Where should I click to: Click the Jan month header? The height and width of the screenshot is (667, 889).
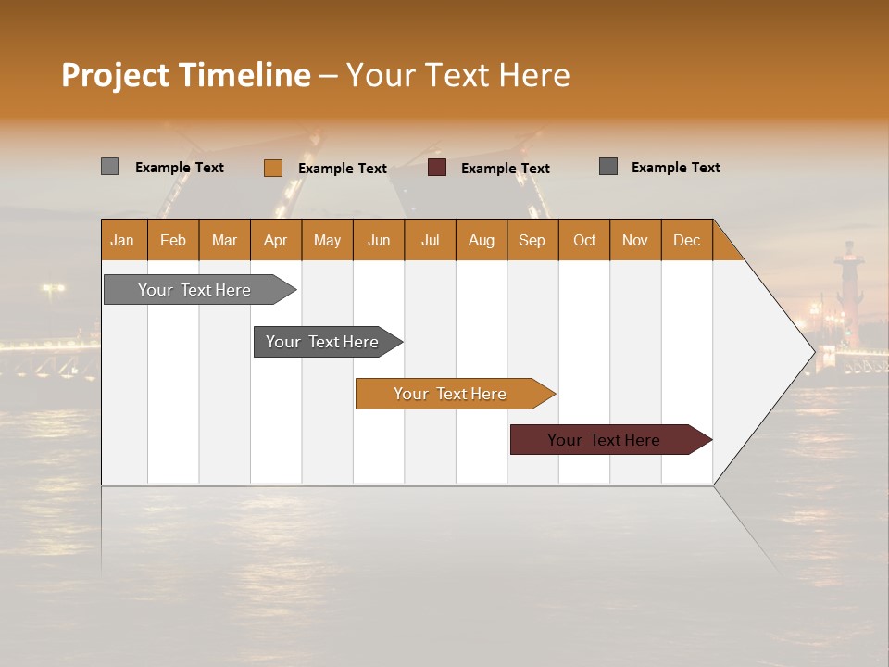point(123,240)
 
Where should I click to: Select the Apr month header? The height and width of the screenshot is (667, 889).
point(276,240)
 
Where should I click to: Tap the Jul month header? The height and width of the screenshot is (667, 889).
point(430,240)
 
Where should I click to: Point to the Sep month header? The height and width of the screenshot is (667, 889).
point(532,240)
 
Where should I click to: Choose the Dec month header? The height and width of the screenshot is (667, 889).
point(686,240)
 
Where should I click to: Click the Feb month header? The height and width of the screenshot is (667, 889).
point(173,240)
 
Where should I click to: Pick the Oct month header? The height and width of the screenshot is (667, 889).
point(584,240)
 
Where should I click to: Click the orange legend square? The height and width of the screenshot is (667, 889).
point(273,168)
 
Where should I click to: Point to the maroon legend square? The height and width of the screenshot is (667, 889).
point(437,168)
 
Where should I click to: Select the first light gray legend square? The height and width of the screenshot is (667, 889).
point(109,167)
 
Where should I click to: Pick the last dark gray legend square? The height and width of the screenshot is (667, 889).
point(608,167)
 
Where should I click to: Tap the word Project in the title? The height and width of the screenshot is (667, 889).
point(115,75)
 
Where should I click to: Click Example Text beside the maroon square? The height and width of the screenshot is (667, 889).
point(505,169)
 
